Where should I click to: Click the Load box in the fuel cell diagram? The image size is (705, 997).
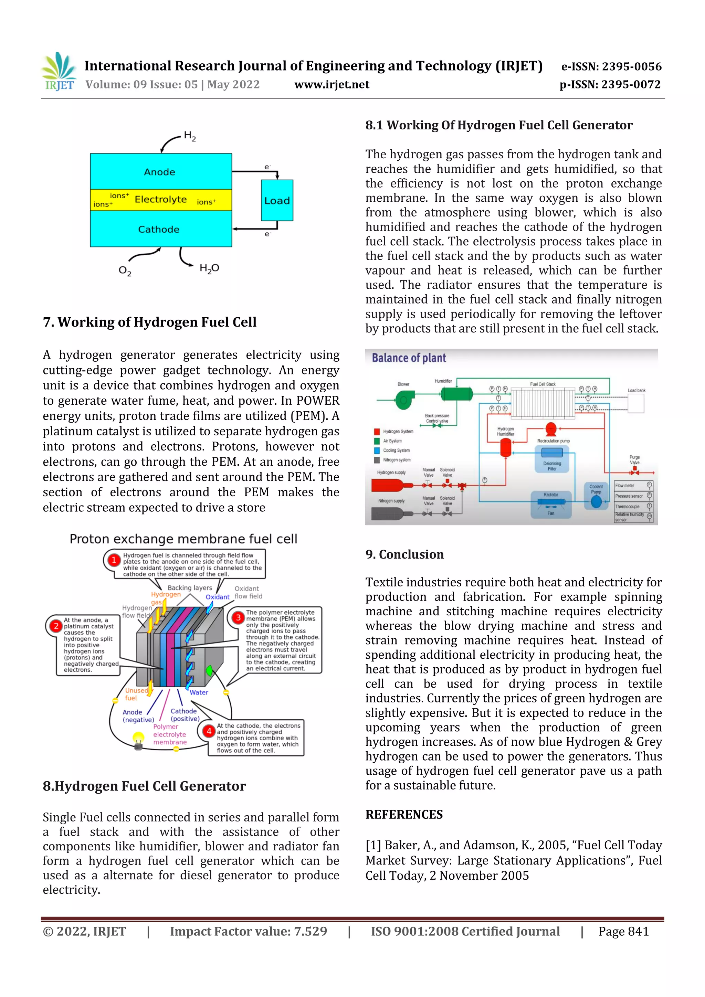click(277, 201)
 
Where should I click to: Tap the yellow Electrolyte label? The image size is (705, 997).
click(161, 200)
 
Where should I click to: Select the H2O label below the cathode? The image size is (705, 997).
click(209, 268)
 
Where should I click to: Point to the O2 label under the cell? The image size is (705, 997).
click(125, 271)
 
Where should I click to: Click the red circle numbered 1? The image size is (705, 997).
click(114, 560)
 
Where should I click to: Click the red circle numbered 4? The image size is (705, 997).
click(209, 731)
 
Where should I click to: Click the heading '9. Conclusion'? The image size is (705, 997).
click(404, 554)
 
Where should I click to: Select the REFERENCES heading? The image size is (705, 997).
click(404, 815)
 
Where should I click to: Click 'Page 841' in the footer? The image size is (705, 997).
click(623, 931)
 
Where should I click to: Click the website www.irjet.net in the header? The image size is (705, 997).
click(332, 85)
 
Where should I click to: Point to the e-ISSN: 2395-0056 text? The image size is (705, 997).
click(611, 66)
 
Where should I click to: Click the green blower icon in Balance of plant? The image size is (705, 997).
click(403, 400)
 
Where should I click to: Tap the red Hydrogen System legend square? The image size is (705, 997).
click(377, 432)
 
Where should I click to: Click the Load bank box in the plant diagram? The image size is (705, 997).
click(635, 403)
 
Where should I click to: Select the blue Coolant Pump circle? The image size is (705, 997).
click(596, 501)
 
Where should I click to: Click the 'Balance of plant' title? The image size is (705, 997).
click(409, 358)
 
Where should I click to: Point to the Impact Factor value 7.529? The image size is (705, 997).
click(248, 931)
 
